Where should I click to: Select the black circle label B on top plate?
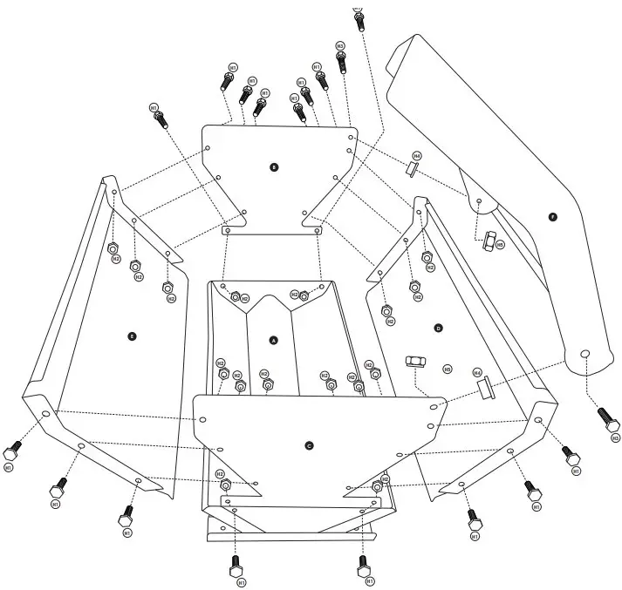tap(274, 166)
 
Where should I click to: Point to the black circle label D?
tap(438, 327)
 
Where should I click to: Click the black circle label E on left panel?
tap(132, 335)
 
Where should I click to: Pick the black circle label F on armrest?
tap(551, 215)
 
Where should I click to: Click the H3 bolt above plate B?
tap(341, 59)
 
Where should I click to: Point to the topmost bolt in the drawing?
tap(358, 18)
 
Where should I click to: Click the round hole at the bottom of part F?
tap(585, 354)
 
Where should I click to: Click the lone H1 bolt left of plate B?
tap(160, 119)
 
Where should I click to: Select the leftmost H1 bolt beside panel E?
tap(12, 453)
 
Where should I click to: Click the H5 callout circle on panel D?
tap(447, 369)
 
